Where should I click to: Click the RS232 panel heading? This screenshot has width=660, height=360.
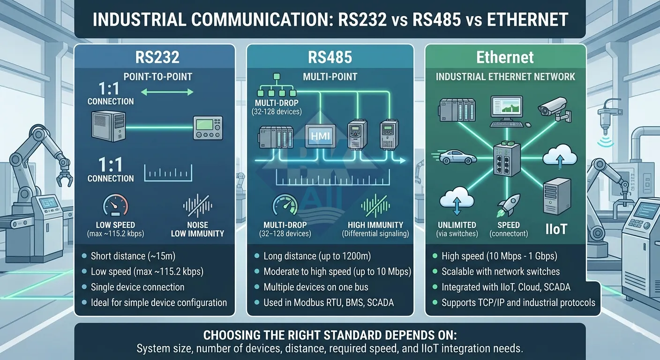154,58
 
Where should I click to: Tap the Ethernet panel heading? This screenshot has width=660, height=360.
505,58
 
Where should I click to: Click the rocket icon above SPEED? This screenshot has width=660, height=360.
506,203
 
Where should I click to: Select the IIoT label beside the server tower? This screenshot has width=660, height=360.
556,229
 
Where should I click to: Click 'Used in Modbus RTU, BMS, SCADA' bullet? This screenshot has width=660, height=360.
328,302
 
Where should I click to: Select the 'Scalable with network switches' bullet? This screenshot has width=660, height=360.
501,271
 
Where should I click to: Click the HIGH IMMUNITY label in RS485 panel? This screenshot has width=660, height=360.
375,225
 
